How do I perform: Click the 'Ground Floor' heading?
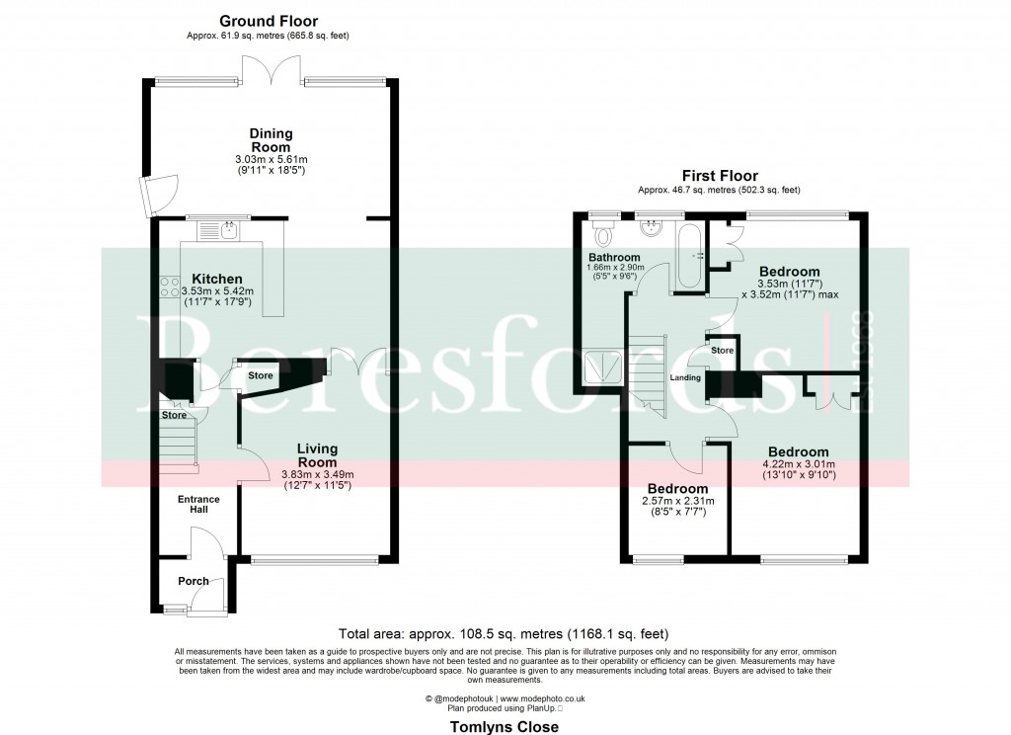pyautogui.click(x=269, y=21)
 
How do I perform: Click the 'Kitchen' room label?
pyautogui.click(x=217, y=279)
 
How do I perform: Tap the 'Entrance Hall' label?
pyautogui.click(x=198, y=505)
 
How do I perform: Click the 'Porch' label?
pyautogui.click(x=194, y=581)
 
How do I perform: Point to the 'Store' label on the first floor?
pyautogui.click(x=723, y=350)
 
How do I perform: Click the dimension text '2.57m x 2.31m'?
pyautogui.click(x=677, y=502)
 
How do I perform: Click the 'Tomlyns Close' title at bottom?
pyautogui.click(x=505, y=726)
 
